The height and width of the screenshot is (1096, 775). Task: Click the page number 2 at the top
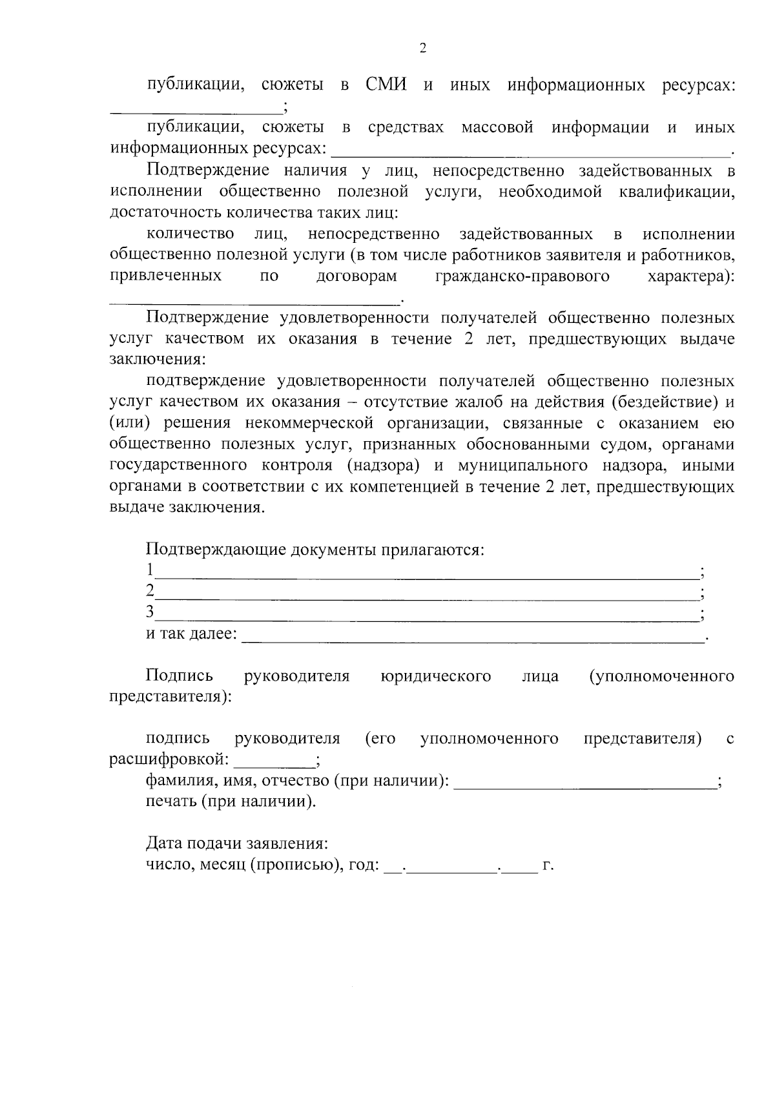423,48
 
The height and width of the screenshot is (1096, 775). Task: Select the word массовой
497,128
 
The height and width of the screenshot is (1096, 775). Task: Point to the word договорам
356,277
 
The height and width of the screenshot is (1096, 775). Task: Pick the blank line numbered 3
426,614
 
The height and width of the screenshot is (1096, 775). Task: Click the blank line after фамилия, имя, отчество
585,782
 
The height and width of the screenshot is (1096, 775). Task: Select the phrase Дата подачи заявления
236,844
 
